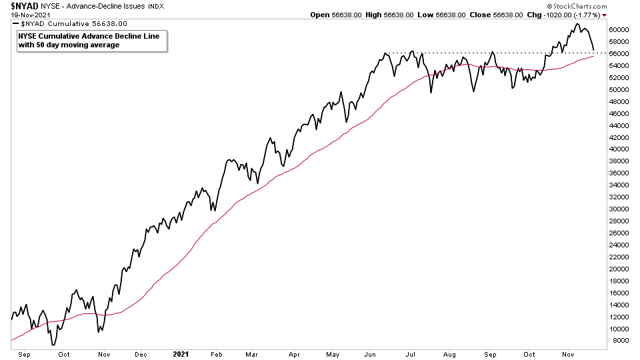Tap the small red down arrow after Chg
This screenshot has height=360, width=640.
[x=604, y=15]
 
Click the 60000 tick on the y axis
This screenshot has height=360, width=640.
[x=619, y=29]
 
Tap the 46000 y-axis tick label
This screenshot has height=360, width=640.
[x=619, y=113]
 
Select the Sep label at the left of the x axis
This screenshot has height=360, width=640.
[x=25, y=354]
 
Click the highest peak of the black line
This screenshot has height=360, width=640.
[x=577, y=24]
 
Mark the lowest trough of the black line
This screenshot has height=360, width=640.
[x=53, y=345]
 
